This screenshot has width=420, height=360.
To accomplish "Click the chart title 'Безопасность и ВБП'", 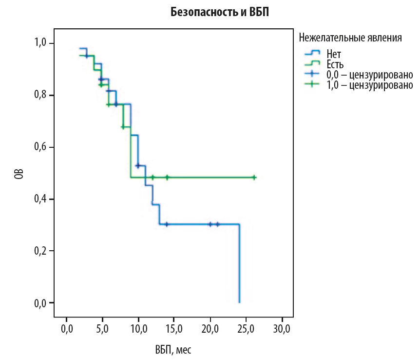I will pyautogui.click(x=219, y=13).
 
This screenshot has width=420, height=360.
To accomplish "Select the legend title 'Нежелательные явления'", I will pyautogui.click(x=350, y=38).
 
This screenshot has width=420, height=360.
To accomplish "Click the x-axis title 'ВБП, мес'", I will pyautogui.click(x=174, y=349).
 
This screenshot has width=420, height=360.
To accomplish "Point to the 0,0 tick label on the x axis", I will pyautogui.click(x=67, y=327).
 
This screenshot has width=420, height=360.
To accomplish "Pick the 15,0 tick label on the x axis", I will pyautogui.click(x=174, y=327).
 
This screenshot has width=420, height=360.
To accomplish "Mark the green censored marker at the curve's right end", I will pyautogui.click(x=254, y=178).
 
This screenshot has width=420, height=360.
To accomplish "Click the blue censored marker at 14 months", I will pyautogui.click(x=167, y=224).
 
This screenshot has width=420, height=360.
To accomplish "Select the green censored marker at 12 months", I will pyautogui.click(x=153, y=178).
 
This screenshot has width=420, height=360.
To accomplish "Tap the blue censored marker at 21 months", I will pyautogui.click(x=217, y=224).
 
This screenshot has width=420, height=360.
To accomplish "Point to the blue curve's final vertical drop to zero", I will pyautogui.click(x=239, y=263).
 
